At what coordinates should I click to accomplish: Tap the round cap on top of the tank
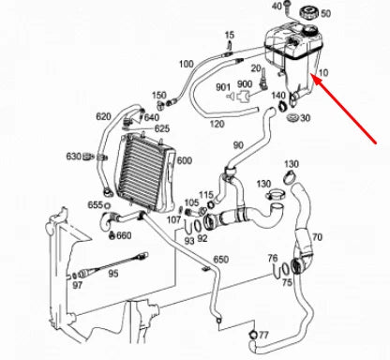click(x=307, y=11)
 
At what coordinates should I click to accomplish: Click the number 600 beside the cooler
click(x=183, y=160)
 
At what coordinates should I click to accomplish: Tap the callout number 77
click(x=263, y=335)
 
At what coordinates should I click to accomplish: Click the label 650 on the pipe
click(x=220, y=259)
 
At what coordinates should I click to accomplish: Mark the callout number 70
click(x=317, y=238)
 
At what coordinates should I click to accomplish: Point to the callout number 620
click(x=103, y=117)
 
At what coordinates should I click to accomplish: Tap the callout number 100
click(x=186, y=64)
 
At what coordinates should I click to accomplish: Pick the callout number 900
click(x=244, y=84)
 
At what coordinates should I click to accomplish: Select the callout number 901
click(x=222, y=86)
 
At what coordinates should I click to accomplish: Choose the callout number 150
click(x=158, y=95)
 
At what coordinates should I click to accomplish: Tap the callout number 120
click(x=217, y=123)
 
